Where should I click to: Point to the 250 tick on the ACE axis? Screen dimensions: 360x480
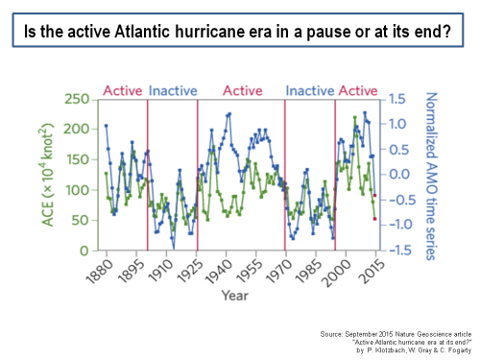click(83, 99)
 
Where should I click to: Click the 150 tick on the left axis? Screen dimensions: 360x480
click(83, 159)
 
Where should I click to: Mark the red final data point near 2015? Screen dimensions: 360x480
click(374, 219)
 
